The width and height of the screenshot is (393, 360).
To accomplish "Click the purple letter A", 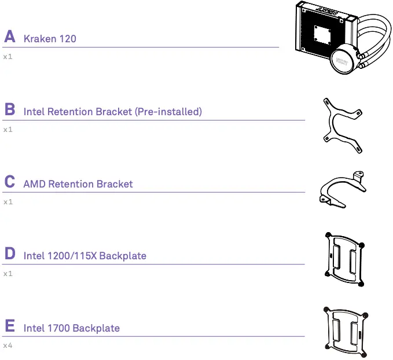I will click(9, 37).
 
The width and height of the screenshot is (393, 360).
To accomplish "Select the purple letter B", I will click(9, 109).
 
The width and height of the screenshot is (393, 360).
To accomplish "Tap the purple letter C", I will click(9, 182).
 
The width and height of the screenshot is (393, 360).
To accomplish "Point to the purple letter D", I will click(9, 254).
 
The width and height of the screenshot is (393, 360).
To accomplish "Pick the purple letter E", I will click(9, 326).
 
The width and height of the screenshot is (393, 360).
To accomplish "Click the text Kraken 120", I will click(50, 39).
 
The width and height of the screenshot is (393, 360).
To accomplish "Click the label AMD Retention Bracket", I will click(78, 184).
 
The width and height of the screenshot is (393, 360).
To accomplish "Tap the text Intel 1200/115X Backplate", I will click(85, 256).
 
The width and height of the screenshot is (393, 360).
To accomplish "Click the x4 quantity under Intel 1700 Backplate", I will click(8, 346).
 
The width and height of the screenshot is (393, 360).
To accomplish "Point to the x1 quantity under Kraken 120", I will click(8, 57).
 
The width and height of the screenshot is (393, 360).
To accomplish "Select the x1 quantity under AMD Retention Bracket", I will click(8, 202).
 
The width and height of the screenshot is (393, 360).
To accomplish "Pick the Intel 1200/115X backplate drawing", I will click(345, 258).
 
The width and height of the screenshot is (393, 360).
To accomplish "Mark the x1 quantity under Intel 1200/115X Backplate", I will click(8, 274).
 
